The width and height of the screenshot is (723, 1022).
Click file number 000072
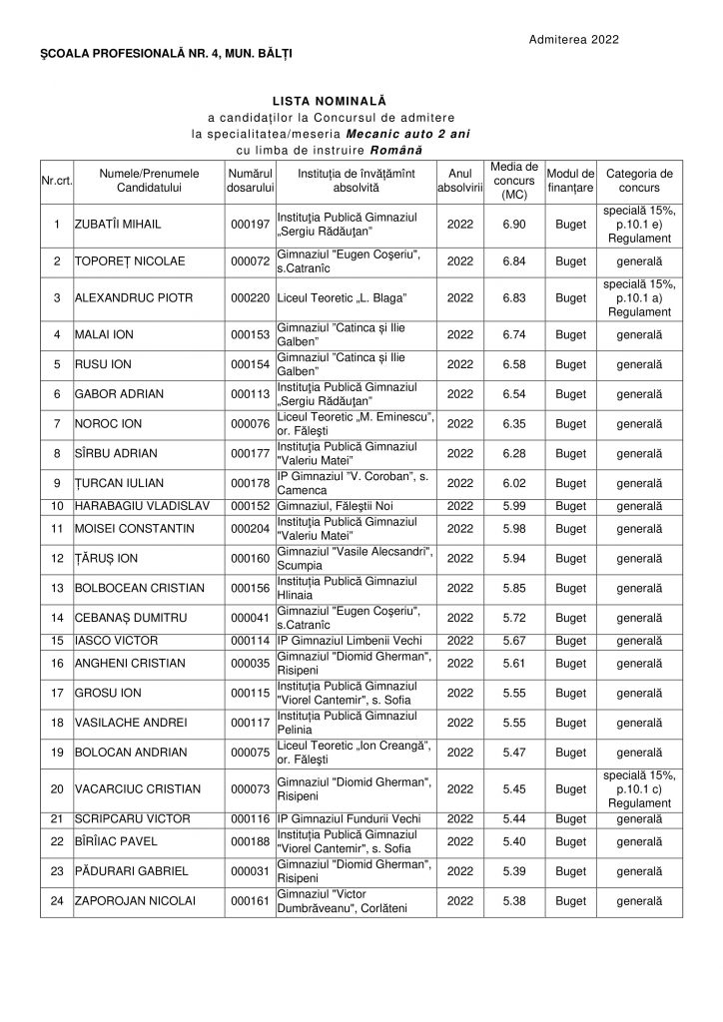pos(249,261)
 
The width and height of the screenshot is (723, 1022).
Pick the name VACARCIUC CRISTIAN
pos(138,788)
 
